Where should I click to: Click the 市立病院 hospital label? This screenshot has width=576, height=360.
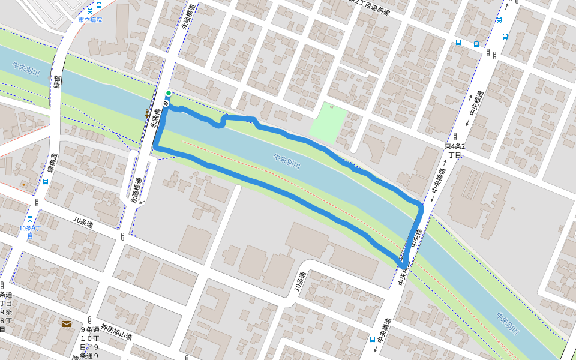(90, 20)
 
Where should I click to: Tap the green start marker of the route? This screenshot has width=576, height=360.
(169, 93)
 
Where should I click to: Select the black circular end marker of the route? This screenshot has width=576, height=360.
(166, 105)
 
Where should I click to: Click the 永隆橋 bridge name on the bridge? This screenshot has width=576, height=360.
(155, 120)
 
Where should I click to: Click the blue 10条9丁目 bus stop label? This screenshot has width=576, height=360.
(29, 232)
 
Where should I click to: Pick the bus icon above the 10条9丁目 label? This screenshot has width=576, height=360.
(30, 218)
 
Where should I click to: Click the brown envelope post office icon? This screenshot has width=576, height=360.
(66, 324)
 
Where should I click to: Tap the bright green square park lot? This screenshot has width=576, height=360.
(328, 123)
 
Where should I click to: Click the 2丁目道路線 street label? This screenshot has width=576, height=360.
(373, 7)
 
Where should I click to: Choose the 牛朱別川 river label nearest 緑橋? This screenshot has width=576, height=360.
(26, 70)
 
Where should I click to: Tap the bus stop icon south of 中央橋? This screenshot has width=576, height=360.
(373, 339)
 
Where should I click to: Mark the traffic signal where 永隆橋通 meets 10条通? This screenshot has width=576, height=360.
(122, 236)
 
